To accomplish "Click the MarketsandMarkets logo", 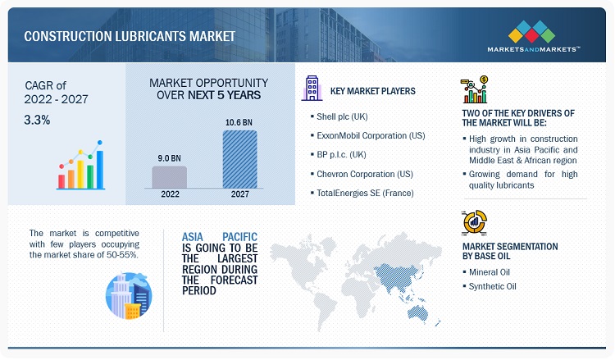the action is click(x=533, y=36).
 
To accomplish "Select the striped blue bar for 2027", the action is click(x=239, y=159).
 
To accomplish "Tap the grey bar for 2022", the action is click(x=170, y=177).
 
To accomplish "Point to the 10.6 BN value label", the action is click(x=239, y=122).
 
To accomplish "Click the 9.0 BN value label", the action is click(x=169, y=158).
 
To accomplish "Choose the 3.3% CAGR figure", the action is click(x=37, y=120).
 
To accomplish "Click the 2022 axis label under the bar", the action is click(x=170, y=194).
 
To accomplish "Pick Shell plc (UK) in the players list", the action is click(x=342, y=116).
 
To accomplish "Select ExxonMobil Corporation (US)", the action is click(x=371, y=135).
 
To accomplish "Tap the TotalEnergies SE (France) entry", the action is click(x=365, y=193).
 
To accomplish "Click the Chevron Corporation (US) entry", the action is click(x=364, y=174).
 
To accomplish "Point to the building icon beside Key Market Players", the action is click(x=312, y=88).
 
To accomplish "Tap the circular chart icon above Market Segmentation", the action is click(x=475, y=222).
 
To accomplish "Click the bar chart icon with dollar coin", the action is click(x=474, y=89).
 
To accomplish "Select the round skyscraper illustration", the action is click(x=129, y=296).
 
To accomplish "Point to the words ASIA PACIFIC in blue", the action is click(x=220, y=237).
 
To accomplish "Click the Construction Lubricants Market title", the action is click(x=130, y=36).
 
